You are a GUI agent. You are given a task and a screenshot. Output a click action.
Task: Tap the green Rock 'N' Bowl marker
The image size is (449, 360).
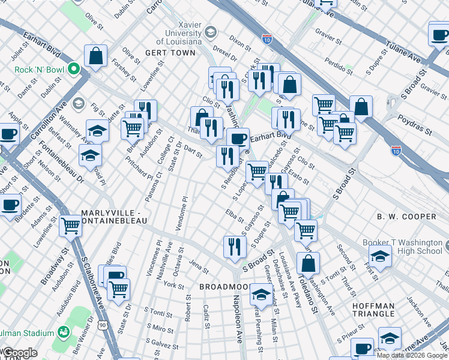click(x=75, y=69)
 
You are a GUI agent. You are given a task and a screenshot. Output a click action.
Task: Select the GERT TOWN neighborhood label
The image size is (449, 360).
click(x=170, y=53)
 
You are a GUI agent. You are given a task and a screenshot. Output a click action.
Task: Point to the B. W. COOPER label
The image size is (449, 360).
click(x=406, y=217)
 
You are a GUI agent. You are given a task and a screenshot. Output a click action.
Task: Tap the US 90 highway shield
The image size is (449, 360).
click(x=103, y=325)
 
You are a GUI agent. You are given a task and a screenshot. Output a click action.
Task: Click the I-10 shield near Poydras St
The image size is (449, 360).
click(x=396, y=151)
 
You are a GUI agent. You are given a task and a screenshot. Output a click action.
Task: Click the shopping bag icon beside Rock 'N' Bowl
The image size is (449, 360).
click(x=95, y=56)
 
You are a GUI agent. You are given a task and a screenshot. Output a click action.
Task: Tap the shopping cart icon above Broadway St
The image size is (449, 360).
click(x=71, y=227)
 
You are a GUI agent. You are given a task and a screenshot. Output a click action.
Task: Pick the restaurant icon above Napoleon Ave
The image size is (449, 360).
click(x=235, y=246)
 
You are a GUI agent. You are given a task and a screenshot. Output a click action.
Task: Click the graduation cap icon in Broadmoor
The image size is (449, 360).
click(x=261, y=295)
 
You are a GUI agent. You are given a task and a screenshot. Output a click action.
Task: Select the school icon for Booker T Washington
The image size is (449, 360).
click(x=380, y=256)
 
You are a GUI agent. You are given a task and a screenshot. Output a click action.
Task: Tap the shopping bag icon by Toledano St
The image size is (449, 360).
click(x=308, y=263)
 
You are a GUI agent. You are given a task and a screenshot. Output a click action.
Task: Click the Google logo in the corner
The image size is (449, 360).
click(x=19, y=353)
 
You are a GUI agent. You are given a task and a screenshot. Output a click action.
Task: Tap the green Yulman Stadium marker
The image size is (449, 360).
click(x=64, y=332)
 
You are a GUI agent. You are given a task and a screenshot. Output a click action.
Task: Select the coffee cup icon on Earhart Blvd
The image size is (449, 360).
click(x=238, y=139)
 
